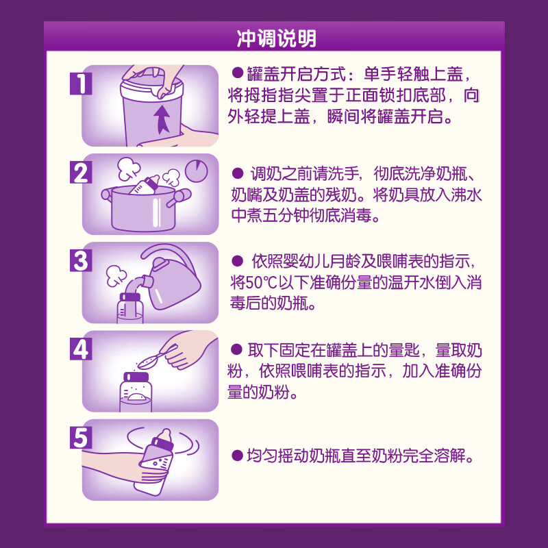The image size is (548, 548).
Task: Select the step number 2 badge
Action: tap(80, 173)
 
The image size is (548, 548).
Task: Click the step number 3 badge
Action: tap(80, 260)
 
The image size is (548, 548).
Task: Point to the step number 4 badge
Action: tap(80, 349)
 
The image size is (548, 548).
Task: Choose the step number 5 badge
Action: tap(80, 438)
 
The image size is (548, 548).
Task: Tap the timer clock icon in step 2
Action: tap(197, 170)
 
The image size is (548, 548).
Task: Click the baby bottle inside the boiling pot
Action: tap(145, 186)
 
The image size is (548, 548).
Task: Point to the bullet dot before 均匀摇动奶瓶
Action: tap(237, 455)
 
